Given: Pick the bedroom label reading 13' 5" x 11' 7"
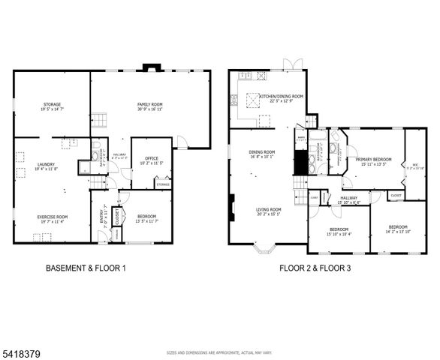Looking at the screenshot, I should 147,218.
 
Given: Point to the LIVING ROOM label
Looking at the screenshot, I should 268,211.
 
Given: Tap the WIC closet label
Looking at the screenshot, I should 414,166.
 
